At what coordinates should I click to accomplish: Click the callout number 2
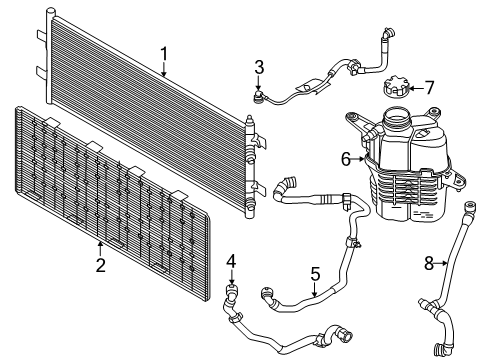(x=100, y=264)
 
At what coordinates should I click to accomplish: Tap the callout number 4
(x=230, y=262)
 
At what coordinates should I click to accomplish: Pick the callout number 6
(x=346, y=157)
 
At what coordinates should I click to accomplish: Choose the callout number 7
(x=429, y=88)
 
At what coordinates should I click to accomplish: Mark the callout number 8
(x=429, y=263)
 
